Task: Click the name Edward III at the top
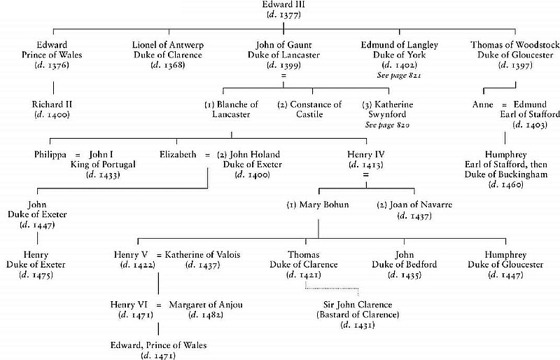coord(281,6)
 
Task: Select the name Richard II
coord(52,104)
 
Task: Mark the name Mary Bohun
coord(312,205)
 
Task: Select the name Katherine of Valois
coord(202,255)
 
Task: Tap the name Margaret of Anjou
coord(204,305)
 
